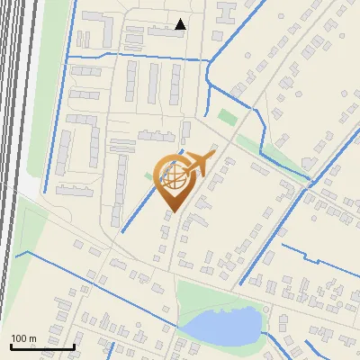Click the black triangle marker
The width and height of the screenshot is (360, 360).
tap(181, 24)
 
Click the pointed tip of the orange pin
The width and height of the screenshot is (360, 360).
tap(170, 211)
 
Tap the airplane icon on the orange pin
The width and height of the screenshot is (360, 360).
tap(197, 164)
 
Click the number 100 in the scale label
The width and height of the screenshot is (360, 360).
tap(19, 338)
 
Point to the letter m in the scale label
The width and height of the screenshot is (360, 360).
tap(32, 338)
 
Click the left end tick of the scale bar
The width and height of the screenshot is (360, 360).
tap(11, 346)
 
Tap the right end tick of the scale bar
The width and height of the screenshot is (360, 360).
tap(75, 346)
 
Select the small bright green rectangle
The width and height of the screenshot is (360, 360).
tap(227, 117)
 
